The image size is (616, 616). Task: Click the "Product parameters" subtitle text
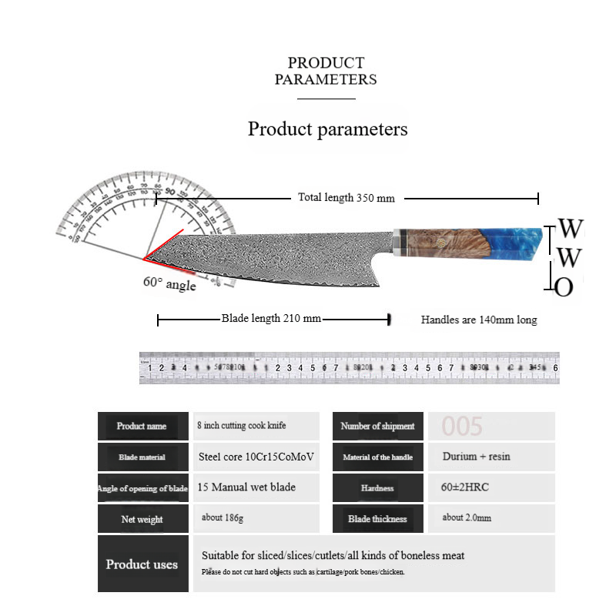point(327,129)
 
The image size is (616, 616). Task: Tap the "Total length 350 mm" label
point(346,198)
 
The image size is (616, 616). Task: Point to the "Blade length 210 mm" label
point(271,318)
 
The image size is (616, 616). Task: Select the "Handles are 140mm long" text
point(479,320)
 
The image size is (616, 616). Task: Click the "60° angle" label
point(169,283)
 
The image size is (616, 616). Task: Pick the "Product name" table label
point(142,426)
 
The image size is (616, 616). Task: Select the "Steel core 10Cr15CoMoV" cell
point(256,457)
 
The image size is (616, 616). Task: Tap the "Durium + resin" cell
point(476,457)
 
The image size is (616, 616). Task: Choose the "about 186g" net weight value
point(223,517)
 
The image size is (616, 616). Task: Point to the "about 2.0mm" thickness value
point(467,517)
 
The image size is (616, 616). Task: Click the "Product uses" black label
point(142,564)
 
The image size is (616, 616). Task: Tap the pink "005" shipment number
point(462,426)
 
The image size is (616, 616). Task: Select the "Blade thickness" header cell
point(377,519)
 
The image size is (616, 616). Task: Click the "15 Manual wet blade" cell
point(246,487)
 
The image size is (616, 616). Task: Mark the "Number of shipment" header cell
point(377,426)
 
